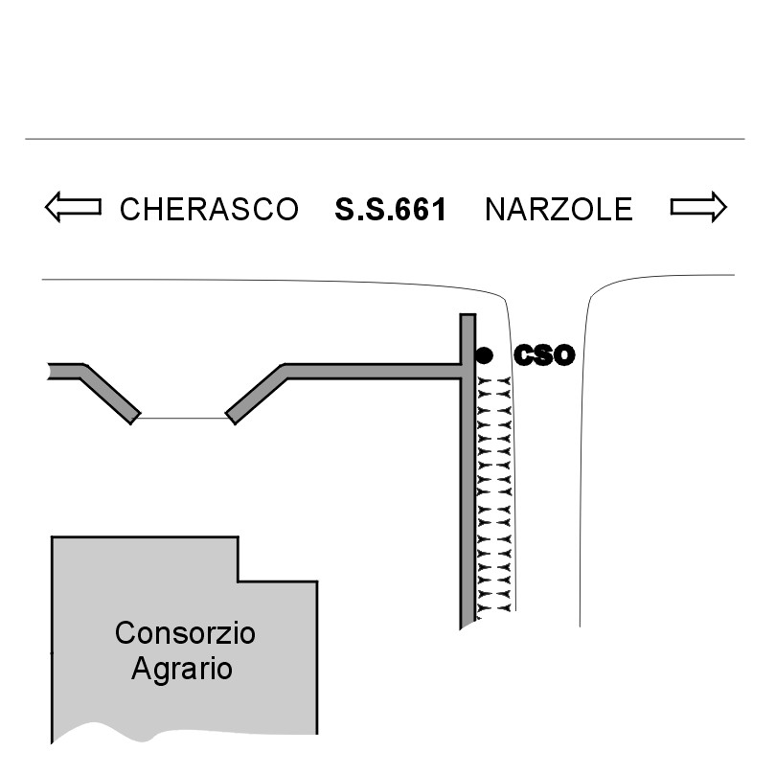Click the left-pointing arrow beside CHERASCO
click(x=73, y=207)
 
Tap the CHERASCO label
click(x=209, y=209)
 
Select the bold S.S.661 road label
click(x=391, y=209)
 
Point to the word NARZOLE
click(x=558, y=209)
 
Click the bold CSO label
click(x=544, y=355)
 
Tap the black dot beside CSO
click(x=484, y=355)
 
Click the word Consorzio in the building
click(x=185, y=633)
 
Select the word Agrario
click(x=182, y=668)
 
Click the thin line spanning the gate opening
click(x=183, y=418)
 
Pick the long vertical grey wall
click(x=467, y=479)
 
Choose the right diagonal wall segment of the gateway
click(x=257, y=394)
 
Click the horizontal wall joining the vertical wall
click(x=374, y=371)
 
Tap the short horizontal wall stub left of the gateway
click(x=65, y=371)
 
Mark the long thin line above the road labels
click(x=383, y=139)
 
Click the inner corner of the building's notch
click(x=238, y=581)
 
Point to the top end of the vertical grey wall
click(x=467, y=317)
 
